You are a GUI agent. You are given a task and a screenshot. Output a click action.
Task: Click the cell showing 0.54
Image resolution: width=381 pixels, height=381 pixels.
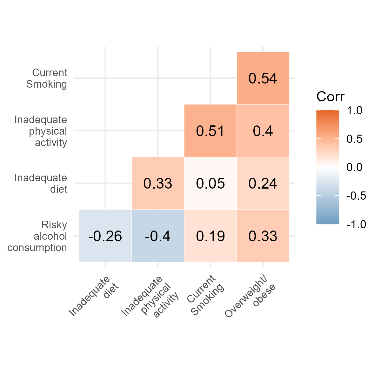pos(263,78)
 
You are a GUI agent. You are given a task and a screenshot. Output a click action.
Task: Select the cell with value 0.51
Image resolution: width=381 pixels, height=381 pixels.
pos(210,131)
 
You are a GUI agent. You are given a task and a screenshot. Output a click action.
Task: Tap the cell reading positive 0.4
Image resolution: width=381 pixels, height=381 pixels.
pos(263,131)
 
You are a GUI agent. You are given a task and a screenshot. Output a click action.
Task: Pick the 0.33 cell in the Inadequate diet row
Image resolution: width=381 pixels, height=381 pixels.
pos(158,184)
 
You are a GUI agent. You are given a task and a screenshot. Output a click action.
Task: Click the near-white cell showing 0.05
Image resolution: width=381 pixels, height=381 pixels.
pos(210,184)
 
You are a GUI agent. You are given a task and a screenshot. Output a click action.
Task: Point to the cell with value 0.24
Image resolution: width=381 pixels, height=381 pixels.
pos(263,184)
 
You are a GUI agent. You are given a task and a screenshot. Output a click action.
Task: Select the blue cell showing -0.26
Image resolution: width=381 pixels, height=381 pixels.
pos(105,236)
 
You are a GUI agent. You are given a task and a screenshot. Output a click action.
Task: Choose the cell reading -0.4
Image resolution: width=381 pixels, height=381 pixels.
pos(158,236)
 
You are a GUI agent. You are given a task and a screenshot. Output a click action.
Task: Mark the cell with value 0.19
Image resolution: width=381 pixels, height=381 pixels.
pos(210,236)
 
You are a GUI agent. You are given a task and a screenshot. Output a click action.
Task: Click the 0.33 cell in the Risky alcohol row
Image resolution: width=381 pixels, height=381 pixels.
pos(263,236)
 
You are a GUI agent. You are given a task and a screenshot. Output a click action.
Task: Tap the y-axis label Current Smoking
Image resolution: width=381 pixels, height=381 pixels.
pos(48,78)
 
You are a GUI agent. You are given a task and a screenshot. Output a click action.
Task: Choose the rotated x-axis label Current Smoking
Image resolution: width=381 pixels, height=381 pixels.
pos(205,295)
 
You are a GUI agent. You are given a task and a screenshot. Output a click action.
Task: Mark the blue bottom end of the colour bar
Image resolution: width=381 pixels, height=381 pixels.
pos(328,221)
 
